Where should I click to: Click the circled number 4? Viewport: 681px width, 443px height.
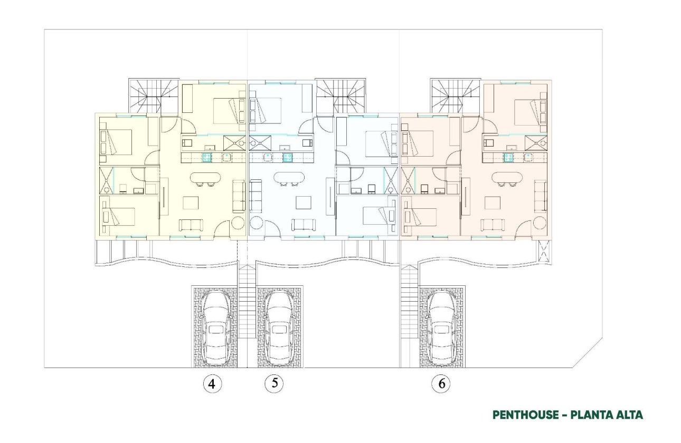pos(212,384)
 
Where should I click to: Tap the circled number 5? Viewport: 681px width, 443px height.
pos(274,383)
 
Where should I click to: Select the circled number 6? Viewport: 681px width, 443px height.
pos(441,384)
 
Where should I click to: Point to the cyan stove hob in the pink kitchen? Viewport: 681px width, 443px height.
pos(509,157)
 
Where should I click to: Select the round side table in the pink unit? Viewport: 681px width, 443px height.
pos(539,221)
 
